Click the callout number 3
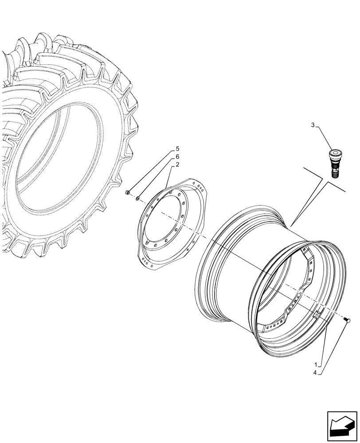coord(313,126)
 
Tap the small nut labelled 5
coord(128,192)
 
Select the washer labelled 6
coord(138,198)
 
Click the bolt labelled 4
coord(346,319)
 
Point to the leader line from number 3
coord(323,137)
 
